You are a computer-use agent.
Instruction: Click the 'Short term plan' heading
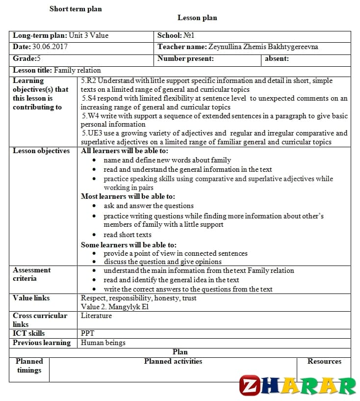76,9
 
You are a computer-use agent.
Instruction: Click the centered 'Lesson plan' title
197,18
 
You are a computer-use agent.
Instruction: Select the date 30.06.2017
50,47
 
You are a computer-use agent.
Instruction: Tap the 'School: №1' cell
176,35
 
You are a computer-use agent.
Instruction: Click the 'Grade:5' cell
26,59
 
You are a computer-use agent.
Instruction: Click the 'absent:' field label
277,59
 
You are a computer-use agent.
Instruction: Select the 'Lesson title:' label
32,70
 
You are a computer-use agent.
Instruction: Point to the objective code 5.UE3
93,133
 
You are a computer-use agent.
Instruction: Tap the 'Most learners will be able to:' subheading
128,196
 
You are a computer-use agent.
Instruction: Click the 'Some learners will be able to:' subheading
129,244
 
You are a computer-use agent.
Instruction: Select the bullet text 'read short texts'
128,235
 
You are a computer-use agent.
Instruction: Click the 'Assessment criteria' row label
31,274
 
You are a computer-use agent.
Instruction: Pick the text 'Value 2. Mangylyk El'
114,307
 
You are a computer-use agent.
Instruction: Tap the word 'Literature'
96,316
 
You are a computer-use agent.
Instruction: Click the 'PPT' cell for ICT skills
88,333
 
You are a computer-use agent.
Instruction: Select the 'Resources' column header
324,361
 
